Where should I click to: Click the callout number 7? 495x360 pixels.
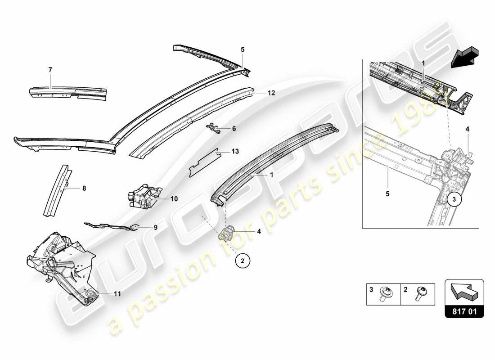coord(50,70)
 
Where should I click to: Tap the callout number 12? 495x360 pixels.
coord(271,93)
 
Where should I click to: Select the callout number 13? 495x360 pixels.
coord(235,151)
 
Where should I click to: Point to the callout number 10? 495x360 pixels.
coord(175,198)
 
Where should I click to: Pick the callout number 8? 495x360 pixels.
coord(84,189)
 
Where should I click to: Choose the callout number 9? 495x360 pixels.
coord(156,228)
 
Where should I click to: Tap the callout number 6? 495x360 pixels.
coord(234,129)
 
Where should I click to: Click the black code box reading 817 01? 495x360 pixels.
coord(464,310)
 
